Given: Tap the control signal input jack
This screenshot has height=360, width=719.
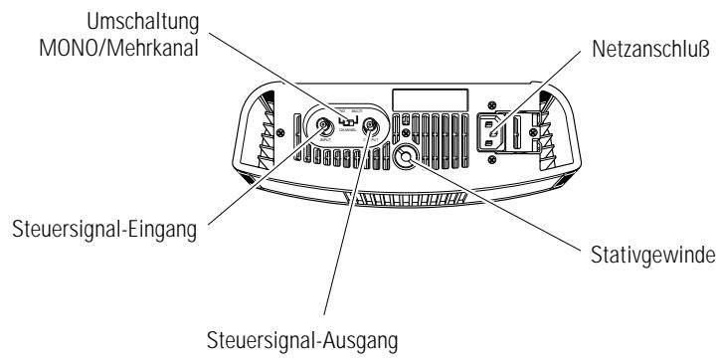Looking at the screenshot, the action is pos(325,127).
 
